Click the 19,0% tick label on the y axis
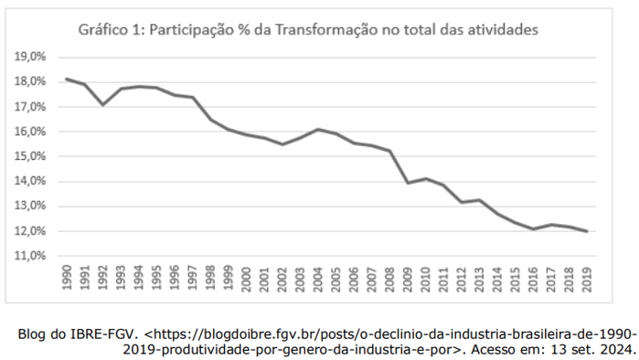pyautogui.click(x=32, y=57)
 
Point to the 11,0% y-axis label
pyautogui.click(x=32, y=256)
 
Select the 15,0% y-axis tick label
pyautogui.click(x=32, y=156)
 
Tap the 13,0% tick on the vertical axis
pyautogui.click(x=32, y=206)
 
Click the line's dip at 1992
pyautogui.click(x=103, y=104)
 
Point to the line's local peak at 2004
pyautogui.click(x=317, y=130)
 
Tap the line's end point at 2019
pyautogui.click(x=586, y=231)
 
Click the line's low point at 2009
pyautogui.click(x=407, y=183)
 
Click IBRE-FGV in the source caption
pyautogui.click(x=100, y=334)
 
